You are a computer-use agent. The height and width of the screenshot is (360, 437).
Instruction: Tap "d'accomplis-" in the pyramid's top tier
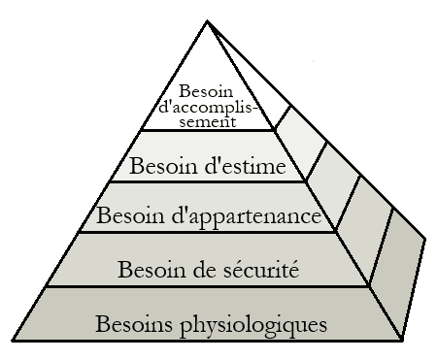(x=207, y=108)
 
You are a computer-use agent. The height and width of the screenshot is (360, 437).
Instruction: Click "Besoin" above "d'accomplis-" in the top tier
(x=208, y=91)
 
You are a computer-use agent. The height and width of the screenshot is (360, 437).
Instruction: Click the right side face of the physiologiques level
(x=401, y=281)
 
